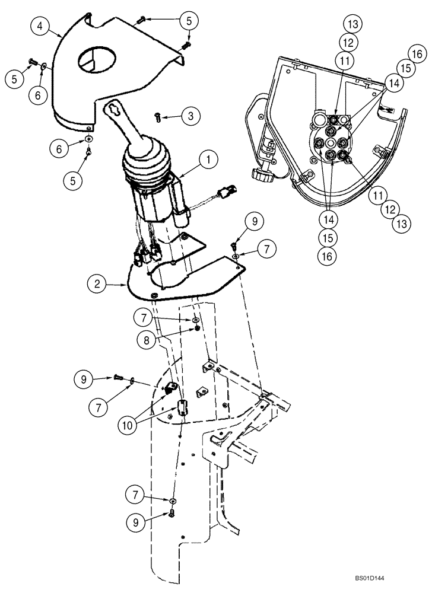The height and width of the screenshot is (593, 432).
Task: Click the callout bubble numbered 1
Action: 209,158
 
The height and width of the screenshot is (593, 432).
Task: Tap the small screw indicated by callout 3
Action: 157,116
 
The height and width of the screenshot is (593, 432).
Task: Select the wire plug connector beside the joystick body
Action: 227,192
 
